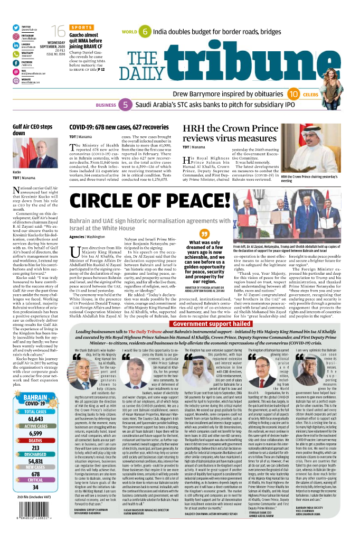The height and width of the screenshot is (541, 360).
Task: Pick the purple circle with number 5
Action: pos(126,105)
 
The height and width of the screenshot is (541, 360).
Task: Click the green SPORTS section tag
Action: pos(82,27)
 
